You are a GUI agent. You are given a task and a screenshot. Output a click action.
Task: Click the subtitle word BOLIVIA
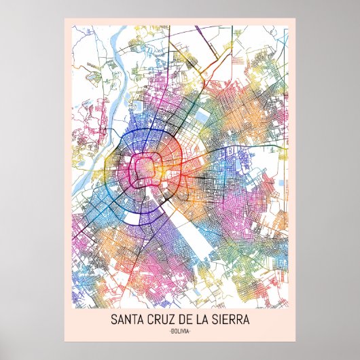(180, 331)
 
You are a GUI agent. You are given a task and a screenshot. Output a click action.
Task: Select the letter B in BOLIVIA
(172, 331)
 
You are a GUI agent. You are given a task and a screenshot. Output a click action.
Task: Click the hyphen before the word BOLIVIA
(168, 331)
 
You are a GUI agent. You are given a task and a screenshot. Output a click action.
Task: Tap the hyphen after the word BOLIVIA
(192, 331)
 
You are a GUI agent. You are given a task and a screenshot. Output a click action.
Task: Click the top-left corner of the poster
(65, 18)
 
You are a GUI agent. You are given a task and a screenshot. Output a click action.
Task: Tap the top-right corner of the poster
(295, 18)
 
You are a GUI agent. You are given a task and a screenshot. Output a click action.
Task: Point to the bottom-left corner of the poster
(65, 341)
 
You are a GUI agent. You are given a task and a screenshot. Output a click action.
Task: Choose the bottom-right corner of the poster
(295, 341)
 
